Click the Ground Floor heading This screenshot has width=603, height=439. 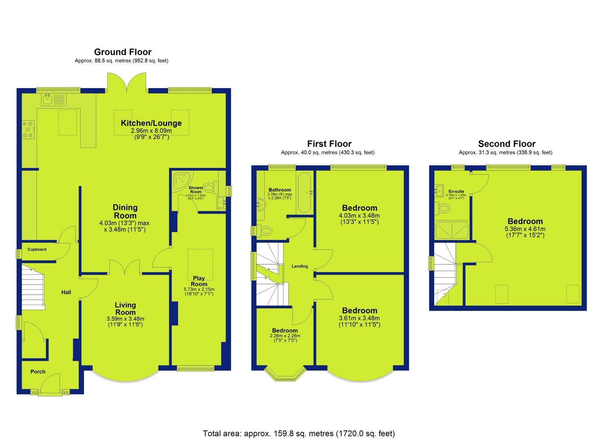[x=123, y=52]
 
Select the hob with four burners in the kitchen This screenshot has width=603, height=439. [x=28, y=130]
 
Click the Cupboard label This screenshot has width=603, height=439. [x=37, y=250]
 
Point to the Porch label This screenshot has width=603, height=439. [x=38, y=372]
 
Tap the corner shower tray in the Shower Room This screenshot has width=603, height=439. [x=183, y=180]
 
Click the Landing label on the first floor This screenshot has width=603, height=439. [x=300, y=266]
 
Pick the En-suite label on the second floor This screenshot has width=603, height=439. [x=456, y=191]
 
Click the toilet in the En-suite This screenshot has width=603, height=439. [x=443, y=208]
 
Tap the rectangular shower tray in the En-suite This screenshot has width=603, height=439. [x=452, y=230]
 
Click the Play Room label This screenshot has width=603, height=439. [x=199, y=281]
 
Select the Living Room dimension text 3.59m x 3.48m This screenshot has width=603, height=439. [x=125, y=319]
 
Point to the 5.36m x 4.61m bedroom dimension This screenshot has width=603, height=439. [x=525, y=229]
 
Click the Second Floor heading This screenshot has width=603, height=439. [x=507, y=144]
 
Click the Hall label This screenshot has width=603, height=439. [x=66, y=292]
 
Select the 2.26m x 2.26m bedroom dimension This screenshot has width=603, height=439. [x=285, y=336]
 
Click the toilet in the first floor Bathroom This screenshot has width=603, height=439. [x=265, y=231]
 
